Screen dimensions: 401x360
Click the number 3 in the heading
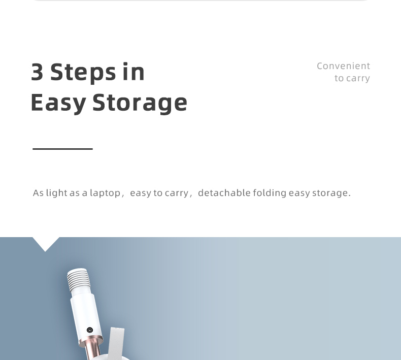[x=37, y=72]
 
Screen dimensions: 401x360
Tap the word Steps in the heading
[x=83, y=73]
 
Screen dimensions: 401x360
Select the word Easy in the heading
[x=58, y=103]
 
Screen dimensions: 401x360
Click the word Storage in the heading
[x=140, y=103]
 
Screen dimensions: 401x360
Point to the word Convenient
[x=344, y=66]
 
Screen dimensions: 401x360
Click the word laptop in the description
[x=105, y=193]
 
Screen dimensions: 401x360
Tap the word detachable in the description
[x=224, y=193]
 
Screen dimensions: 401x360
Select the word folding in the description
[x=270, y=193]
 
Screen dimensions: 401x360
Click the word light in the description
[x=56, y=193]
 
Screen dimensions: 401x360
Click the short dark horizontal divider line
[x=62, y=149]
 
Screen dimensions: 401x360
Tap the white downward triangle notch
[x=46, y=244]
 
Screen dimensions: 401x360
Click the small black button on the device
[x=90, y=330]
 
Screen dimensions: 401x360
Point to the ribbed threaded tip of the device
[x=79, y=279]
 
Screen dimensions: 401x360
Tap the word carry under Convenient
[x=358, y=79]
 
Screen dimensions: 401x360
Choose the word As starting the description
[x=38, y=193]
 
